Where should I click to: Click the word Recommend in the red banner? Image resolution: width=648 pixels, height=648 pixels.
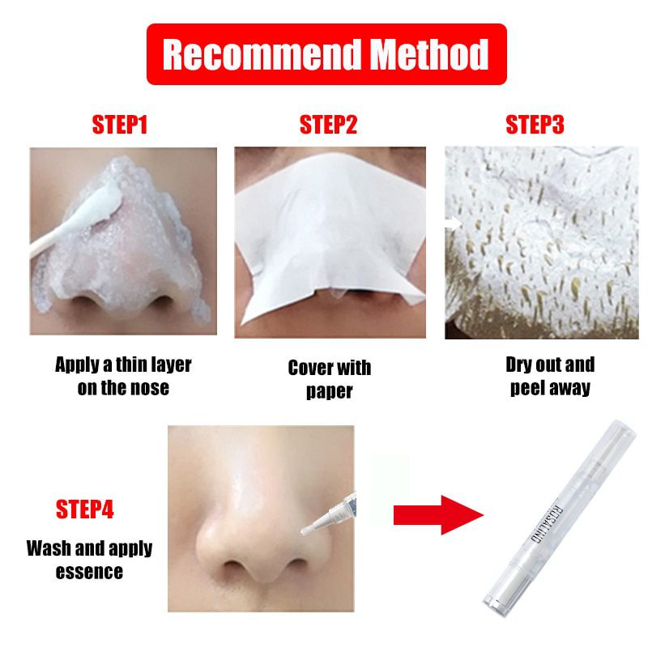click(x=261, y=54)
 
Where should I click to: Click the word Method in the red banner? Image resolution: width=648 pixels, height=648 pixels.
click(x=429, y=54)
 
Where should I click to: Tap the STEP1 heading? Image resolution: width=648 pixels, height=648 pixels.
click(x=119, y=125)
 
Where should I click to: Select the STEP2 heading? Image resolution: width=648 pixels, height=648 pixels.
click(x=328, y=125)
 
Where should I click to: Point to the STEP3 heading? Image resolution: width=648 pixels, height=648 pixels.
click(x=535, y=125)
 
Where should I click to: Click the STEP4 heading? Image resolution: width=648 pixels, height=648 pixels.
click(x=85, y=509)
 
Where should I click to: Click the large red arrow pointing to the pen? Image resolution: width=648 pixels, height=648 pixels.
click(x=438, y=515)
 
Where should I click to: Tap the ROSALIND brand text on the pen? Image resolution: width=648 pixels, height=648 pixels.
click(x=545, y=522)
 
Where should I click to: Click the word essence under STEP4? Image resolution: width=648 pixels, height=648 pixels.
click(x=89, y=572)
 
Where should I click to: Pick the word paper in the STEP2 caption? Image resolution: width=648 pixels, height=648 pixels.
click(x=330, y=392)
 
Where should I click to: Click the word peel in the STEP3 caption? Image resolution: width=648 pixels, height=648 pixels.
click(x=526, y=389)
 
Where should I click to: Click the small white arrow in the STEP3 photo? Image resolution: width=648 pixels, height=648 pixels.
click(x=454, y=224)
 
